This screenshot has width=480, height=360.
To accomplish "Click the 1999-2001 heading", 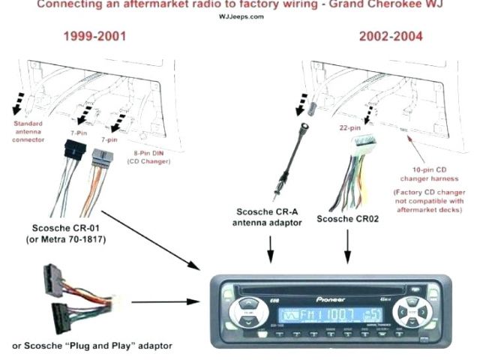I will pyautogui.click(x=94, y=36).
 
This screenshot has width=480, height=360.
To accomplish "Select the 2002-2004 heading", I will pyautogui.click(x=390, y=36).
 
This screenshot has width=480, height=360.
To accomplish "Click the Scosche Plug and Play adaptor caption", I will pyautogui.click(x=92, y=346).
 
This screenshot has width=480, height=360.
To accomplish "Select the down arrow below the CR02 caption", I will pyautogui.click(x=346, y=247).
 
